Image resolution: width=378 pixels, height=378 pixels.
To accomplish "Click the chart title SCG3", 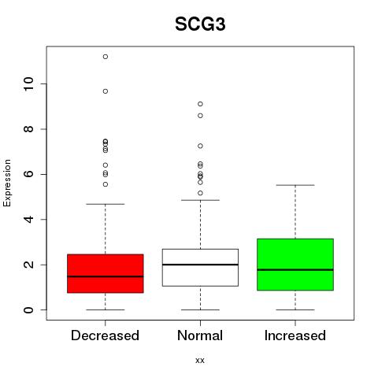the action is coord(200,24).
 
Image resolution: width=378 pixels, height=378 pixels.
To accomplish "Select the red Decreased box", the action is coord(106,273).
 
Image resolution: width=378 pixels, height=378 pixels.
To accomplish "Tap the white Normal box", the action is coord(200,268).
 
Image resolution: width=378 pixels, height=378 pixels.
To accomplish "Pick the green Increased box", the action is coord(295,265).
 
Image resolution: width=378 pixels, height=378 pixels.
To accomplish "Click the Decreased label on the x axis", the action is coord(105,335).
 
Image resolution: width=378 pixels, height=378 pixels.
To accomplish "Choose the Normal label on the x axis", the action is coord(200,335).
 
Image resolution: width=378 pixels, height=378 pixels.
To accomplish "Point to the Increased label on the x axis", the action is coord(295,335).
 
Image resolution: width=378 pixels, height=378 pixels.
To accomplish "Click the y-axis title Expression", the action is coord(7,183).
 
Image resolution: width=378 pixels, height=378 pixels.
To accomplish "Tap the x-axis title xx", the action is coord(200,361).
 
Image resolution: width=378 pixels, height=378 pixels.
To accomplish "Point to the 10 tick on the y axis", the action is coord(28,83).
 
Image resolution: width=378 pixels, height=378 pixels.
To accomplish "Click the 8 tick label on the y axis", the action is coord(28,129).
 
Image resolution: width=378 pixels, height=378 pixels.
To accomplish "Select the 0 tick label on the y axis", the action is coord(28,309).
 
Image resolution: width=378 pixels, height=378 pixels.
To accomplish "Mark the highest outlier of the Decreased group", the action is coord(106,57).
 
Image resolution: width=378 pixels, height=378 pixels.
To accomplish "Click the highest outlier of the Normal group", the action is coord(200,104).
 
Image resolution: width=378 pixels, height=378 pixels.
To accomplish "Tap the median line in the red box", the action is coord(106,276).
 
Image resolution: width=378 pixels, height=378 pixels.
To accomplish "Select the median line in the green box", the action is coord(295,270).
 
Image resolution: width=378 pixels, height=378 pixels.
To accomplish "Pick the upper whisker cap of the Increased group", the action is coord(295,185).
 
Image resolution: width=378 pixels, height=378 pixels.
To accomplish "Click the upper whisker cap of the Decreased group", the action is coord(106,204).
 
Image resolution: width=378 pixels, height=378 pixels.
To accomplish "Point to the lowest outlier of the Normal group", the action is coord(200,193).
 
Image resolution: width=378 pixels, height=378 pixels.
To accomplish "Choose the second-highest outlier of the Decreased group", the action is coord(106,91).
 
